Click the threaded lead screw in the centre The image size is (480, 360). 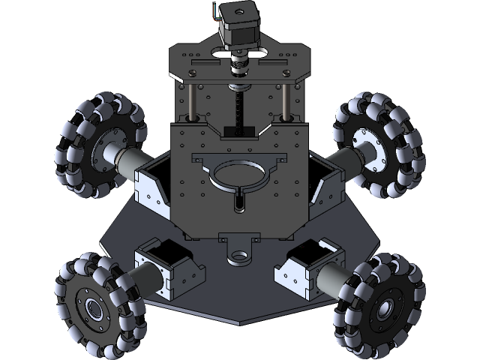(x=240, y=105)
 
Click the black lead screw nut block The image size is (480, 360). (x=240, y=132)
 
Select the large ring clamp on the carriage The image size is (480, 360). (x=240, y=175)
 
